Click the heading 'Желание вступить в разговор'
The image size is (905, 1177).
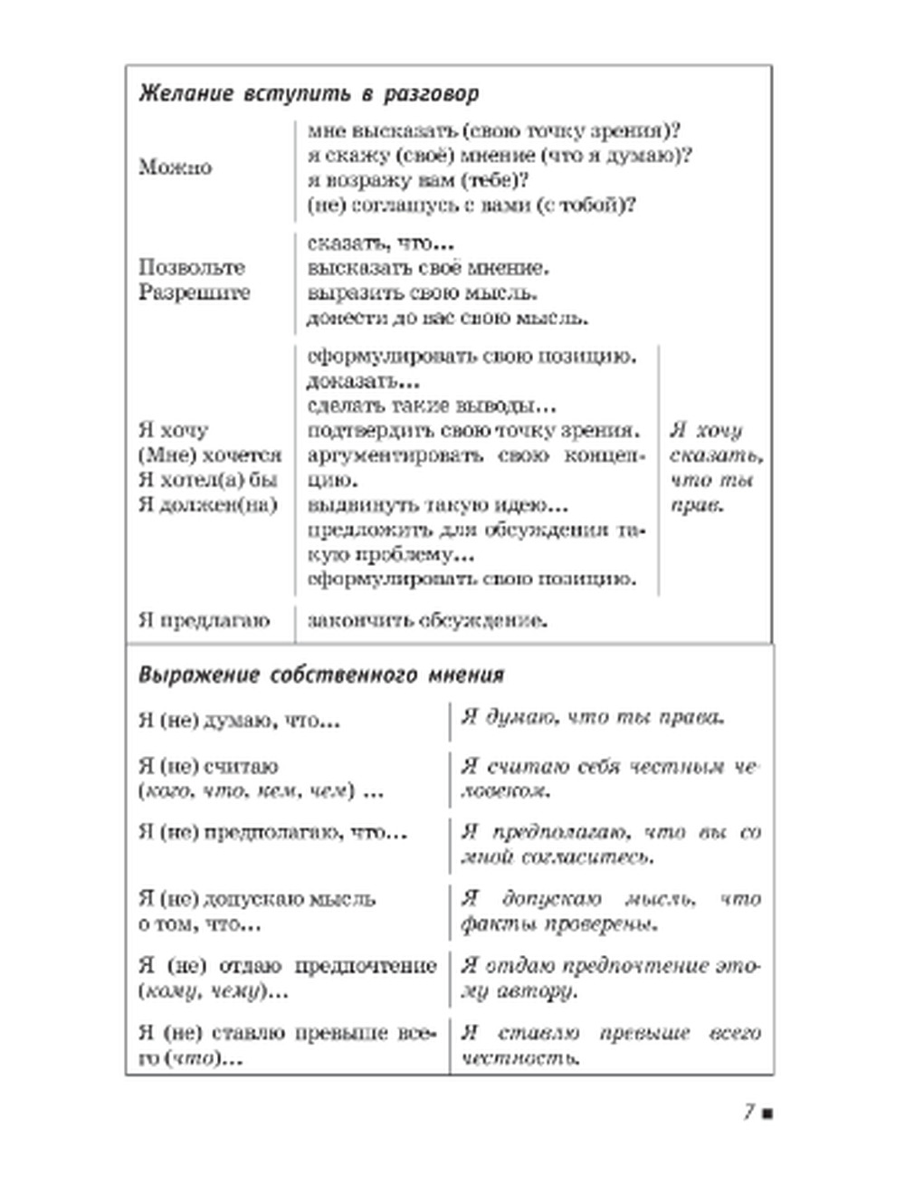309,94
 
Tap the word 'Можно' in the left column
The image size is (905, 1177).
176,167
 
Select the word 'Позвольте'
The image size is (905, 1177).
192,268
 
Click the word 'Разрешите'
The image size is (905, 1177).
195,292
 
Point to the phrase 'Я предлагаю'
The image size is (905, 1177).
205,621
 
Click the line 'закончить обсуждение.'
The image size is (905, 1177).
428,621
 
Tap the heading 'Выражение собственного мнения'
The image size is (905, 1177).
321,675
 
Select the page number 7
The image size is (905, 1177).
749,1112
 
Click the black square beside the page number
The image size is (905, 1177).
767,1113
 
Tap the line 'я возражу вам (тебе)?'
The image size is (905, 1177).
418,180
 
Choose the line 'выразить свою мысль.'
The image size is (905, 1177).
423,293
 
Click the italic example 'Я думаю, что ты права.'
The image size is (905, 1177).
593,718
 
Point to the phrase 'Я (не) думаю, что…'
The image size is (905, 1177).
239,722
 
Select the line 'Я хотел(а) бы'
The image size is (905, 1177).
207,480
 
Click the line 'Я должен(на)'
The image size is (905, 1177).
207,505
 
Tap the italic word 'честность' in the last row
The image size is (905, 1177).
519,1057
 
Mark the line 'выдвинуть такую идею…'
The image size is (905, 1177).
438,505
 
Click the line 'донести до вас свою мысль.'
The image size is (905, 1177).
448,319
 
